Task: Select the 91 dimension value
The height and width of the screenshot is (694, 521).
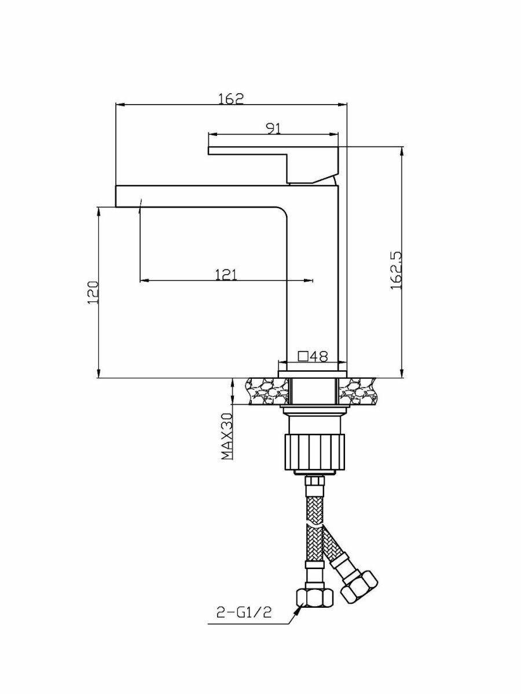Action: [x=274, y=128]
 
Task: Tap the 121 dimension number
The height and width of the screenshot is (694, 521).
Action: [x=226, y=274]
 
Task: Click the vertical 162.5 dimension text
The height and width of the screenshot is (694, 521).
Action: [x=397, y=270]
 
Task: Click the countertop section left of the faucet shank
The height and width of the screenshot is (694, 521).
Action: [x=266, y=390]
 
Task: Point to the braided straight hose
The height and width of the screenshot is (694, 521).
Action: [x=313, y=520]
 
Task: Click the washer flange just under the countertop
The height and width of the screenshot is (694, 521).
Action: [x=313, y=411]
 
